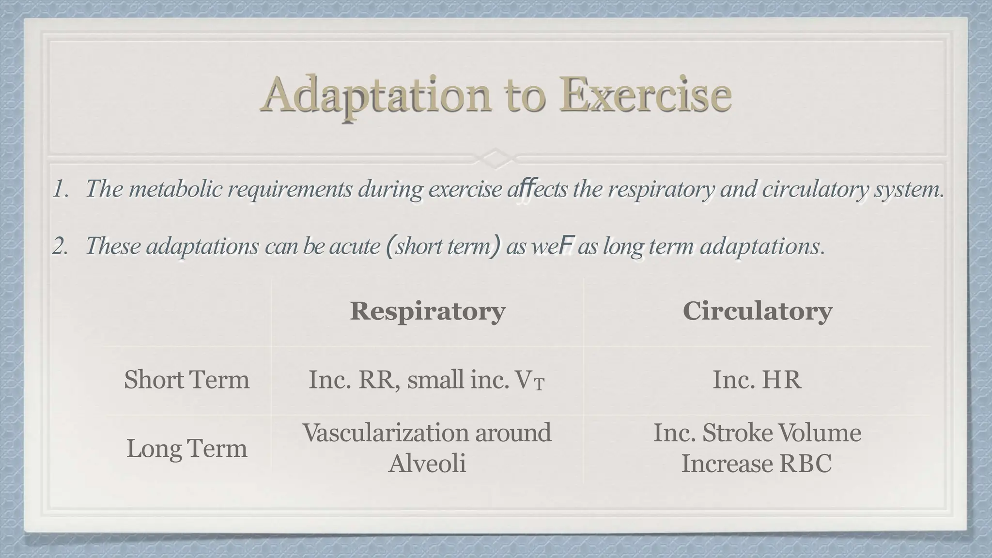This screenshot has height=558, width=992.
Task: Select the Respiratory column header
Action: pos(428,311)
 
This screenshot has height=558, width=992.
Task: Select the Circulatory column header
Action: pos(757,311)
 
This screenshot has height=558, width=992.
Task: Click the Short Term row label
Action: pos(186,379)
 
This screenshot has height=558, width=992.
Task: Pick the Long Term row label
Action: pos(186,448)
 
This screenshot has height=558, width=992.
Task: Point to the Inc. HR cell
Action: pos(757,379)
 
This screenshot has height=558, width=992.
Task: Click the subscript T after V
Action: pos(539,385)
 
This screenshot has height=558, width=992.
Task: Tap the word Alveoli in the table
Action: pos(427,464)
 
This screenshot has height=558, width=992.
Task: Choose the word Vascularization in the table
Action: pos(386,433)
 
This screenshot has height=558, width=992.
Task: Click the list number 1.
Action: pos(60,189)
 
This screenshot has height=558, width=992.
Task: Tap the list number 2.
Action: pos(60,247)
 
